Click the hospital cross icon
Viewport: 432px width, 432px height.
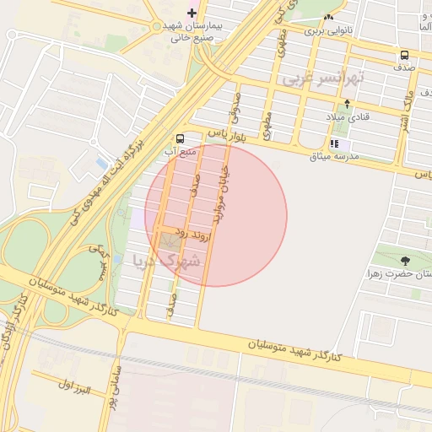192,13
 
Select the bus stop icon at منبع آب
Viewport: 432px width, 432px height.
180,138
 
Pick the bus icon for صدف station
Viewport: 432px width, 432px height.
404,57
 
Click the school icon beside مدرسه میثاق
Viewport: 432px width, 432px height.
334,143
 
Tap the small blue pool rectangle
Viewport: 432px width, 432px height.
102,162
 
